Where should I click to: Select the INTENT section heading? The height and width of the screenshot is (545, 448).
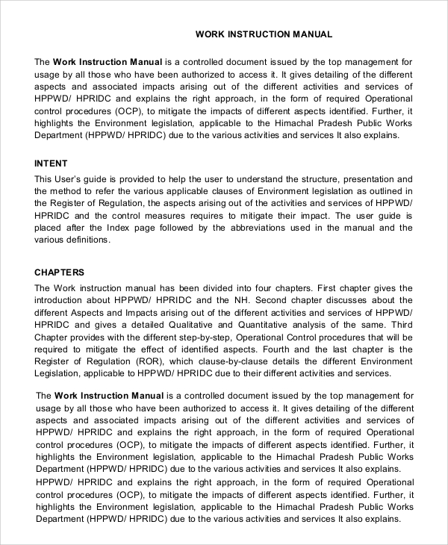click(x=52, y=163)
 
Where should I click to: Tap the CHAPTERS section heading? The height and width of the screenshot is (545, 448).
click(x=60, y=272)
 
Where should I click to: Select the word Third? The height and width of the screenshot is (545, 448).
click(x=399, y=325)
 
